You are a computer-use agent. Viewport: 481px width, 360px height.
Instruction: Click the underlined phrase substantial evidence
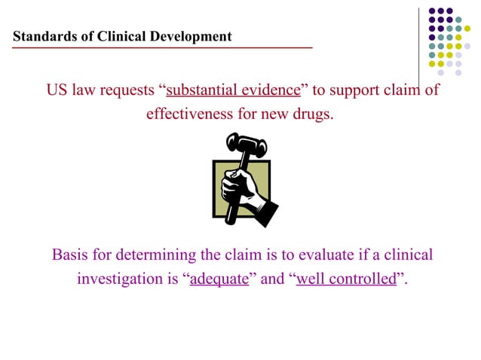click(233, 91)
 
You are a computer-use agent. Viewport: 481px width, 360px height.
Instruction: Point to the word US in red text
click(56, 91)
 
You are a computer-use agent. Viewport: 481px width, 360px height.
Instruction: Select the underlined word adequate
click(219, 279)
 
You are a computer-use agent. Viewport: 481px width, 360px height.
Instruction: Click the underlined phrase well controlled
click(347, 279)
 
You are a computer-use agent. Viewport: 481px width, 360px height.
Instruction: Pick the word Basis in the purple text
click(69, 255)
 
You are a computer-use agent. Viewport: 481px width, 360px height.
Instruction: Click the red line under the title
click(162, 47)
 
